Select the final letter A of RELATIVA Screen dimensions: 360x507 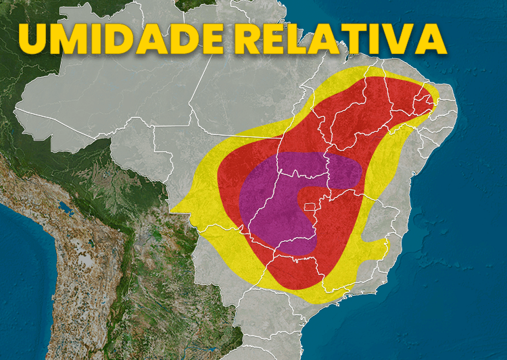pyautogui.click(x=433, y=39)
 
